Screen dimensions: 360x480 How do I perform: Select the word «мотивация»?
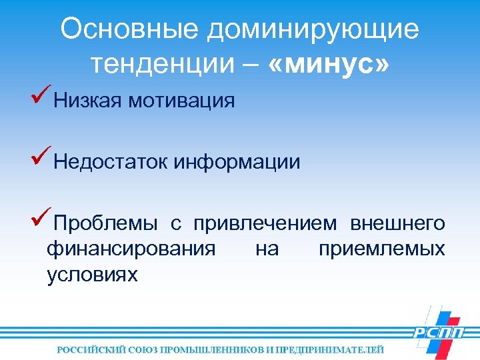[182, 101]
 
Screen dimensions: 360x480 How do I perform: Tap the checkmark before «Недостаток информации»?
[41, 157]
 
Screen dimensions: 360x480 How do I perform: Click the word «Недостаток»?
[112, 161]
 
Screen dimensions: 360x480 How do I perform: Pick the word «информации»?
[238, 161]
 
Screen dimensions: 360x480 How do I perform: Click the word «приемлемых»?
[381, 249]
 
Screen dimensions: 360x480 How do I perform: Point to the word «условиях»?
[92, 274]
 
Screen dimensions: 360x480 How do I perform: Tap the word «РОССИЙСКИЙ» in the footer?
[91, 349]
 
